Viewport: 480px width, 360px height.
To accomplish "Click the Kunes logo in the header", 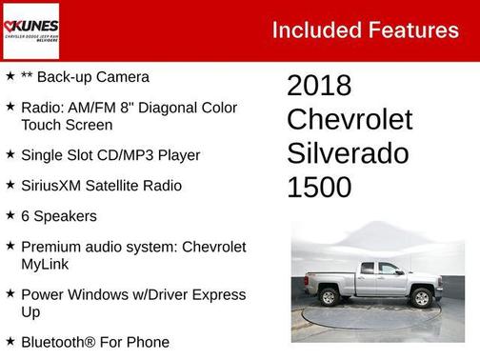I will (30, 30).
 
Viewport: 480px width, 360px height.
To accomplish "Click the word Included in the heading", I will (317, 30).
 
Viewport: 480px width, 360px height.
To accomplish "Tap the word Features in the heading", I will (413, 30).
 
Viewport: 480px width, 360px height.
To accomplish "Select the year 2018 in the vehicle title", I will (319, 86).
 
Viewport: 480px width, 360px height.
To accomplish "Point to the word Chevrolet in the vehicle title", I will (350, 120).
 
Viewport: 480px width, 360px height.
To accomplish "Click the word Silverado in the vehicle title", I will (348, 153).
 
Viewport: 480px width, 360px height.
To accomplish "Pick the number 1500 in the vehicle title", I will (319, 188).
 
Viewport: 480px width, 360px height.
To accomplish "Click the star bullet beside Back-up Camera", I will (10, 75).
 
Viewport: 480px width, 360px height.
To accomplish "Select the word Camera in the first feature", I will (121, 76).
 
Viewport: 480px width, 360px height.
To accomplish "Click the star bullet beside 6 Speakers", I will (10, 215).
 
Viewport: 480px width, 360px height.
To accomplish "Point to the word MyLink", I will (46, 263).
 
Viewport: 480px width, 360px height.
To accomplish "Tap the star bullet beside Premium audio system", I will (10, 246).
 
